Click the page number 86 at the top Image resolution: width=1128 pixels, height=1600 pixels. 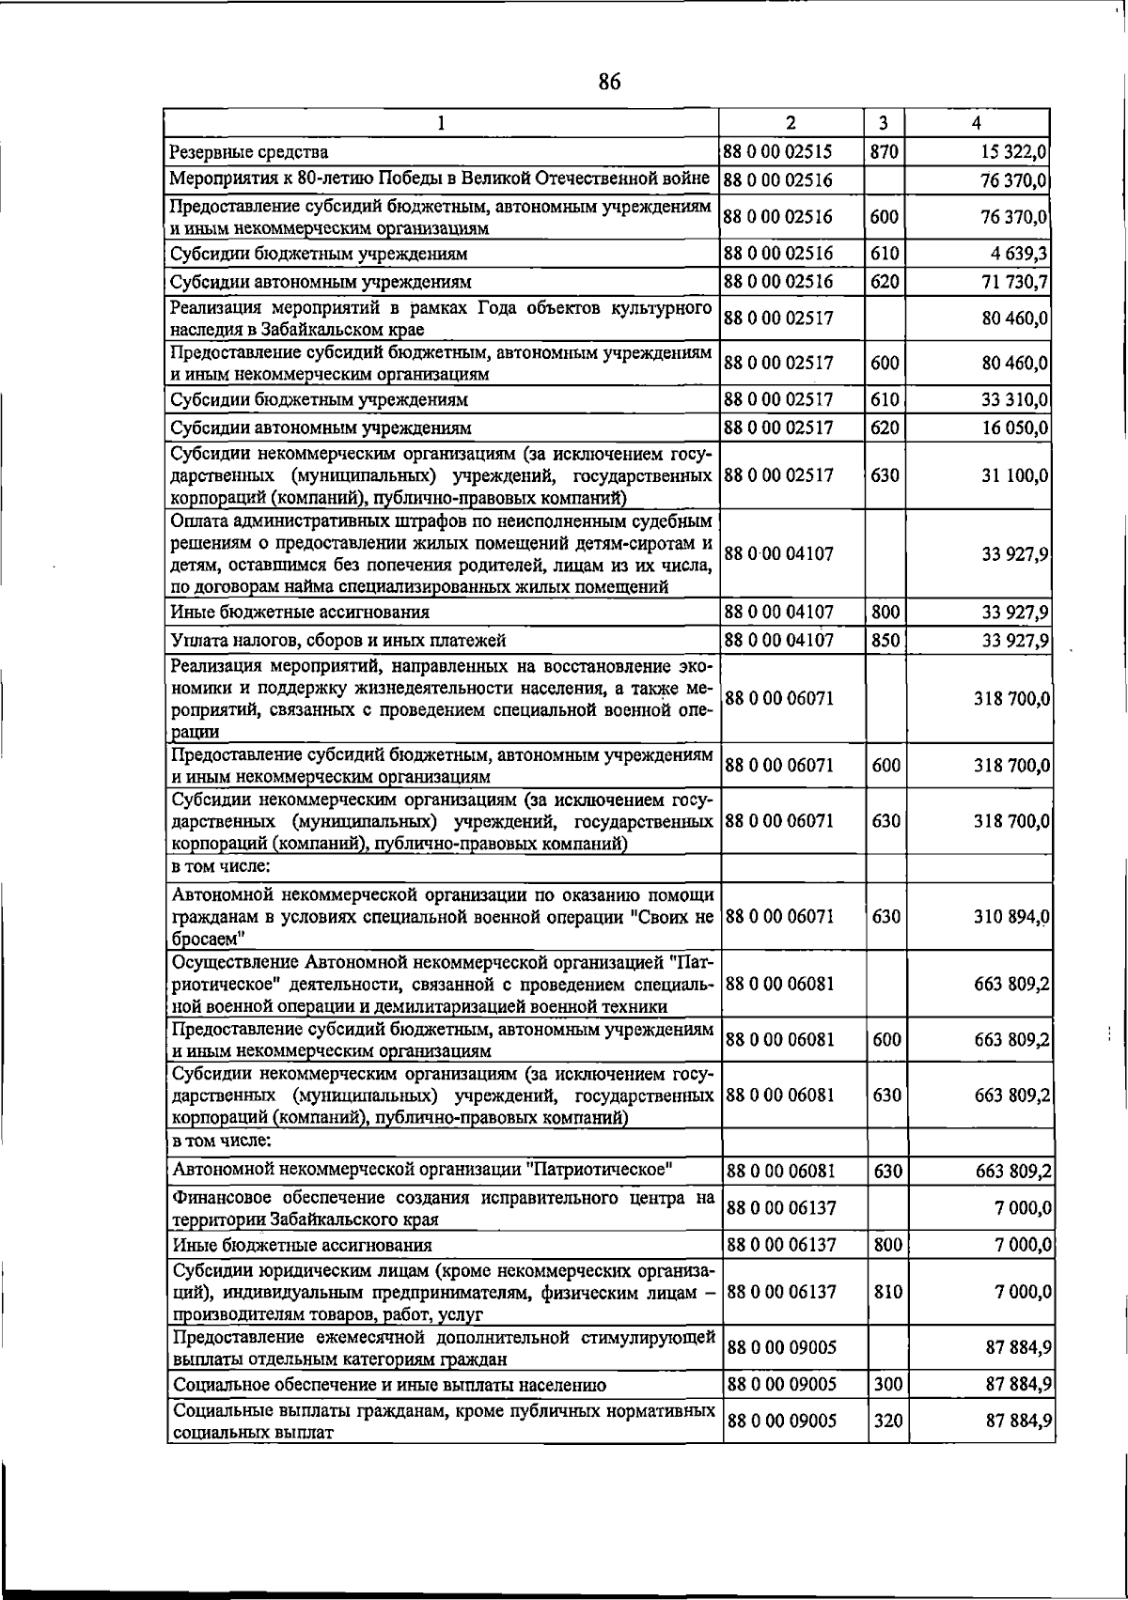(x=609, y=83)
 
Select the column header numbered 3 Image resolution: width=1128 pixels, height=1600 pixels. (x=884, y=123)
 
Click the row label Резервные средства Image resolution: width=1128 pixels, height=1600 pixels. (x=249, y=151)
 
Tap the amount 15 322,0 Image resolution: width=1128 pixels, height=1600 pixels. (x=1014, y=151)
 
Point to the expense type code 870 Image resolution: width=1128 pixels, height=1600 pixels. (x=885, y=150)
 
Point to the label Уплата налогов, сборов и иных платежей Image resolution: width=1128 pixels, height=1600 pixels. (x=339, y=641)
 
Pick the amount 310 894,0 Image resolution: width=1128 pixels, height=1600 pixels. (x=1012, y=916)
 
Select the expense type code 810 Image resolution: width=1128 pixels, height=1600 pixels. (x=887, y=1292)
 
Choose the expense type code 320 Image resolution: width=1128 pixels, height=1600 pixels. (x=887, y=1421)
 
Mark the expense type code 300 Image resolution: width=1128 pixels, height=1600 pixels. (x=887, y=1384)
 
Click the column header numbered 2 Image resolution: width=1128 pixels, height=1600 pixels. (x=791, y=123)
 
